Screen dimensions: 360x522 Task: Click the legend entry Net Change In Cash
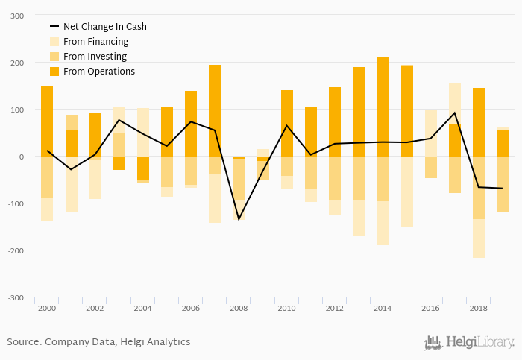104,27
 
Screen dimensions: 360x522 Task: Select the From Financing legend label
95,42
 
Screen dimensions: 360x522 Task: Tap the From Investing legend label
95,57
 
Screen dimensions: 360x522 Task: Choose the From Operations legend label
98,72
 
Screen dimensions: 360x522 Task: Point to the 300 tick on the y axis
16,16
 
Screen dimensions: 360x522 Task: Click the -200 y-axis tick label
14,250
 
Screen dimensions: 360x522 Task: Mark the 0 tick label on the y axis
20,157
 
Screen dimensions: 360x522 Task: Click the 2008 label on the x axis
238,308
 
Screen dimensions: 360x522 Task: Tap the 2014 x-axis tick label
383,308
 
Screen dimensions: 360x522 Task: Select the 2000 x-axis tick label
46,308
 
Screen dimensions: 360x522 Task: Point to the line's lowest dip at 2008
239,220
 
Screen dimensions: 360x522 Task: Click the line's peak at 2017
455,113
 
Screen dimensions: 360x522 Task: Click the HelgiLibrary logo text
478,343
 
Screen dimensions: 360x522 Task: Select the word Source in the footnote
23,342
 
